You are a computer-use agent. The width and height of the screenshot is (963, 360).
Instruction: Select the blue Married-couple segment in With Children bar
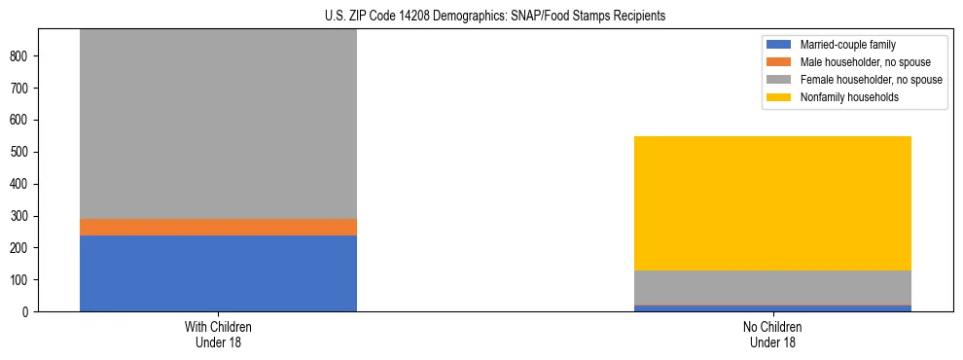click(x=218, y=273)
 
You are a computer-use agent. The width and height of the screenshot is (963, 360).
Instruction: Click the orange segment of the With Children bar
click(x=218, y=227)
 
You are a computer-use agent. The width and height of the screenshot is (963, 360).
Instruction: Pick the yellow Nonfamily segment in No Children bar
click(x=772, y=203)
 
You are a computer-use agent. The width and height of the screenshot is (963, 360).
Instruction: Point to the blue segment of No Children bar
click(x=772, y=308)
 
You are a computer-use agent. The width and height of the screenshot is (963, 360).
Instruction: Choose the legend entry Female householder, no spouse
click(x=871, y=80)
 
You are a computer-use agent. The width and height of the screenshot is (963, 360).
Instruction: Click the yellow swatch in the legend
click(x=779, y=97)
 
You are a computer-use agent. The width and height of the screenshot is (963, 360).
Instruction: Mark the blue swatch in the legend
click(x=779, y=45)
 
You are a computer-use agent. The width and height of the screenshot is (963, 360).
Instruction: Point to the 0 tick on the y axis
click(x=28, y=312)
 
